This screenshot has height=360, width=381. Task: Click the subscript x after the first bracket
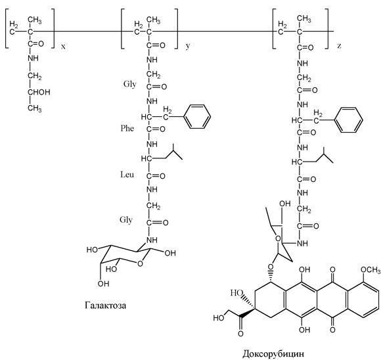(x=63, y=47)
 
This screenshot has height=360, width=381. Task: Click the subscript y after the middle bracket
(x=188, y=46)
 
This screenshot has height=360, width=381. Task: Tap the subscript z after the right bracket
(x=339, y=45)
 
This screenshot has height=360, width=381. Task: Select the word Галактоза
(x=106, y=305)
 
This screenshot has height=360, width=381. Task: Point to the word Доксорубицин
(x=273, y=353)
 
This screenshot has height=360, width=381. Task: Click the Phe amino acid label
(x=127, y=128)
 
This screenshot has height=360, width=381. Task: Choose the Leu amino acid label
(x=127, y=174)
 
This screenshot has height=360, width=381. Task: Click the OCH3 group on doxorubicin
(x=370, y=270)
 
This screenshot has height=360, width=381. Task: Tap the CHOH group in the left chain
(x=39, y=92)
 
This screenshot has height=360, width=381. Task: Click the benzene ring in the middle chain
(x=197, y=116)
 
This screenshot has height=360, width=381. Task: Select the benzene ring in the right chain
(x=349, y=120)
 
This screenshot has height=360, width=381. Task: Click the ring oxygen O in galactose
(x=140, y=263)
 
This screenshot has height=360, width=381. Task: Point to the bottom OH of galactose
(x=103, y=284)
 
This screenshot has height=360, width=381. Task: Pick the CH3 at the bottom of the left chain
(x=35, y=108)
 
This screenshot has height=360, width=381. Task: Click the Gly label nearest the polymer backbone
(x=129, y=84)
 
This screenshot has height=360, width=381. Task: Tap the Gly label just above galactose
(x=126, y=220)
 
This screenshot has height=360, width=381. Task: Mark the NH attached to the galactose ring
(x=152, y=240)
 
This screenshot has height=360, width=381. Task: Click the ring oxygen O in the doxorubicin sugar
(x=277, y=238)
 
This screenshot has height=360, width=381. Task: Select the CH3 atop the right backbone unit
(x=303, y=18)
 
